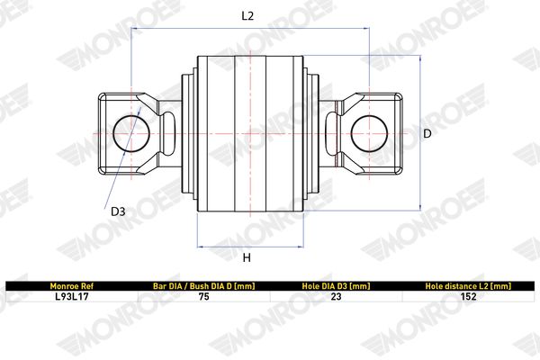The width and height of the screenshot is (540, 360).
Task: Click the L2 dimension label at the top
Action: click(x=247, y=15)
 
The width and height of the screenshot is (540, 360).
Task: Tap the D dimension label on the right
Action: click(x=427, y=133)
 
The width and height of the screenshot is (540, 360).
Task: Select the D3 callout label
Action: click(x=118, y=211)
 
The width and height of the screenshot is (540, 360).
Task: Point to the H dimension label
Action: click(x=247, y=257)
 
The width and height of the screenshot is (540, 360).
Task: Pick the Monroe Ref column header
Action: click(x=72, y=286)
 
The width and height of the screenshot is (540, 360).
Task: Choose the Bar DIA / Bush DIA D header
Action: click(x=204, y=286)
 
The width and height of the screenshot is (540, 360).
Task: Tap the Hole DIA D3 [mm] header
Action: click(x=336, y=286)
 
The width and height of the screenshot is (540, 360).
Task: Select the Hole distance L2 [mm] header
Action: click(x=468, y=286)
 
